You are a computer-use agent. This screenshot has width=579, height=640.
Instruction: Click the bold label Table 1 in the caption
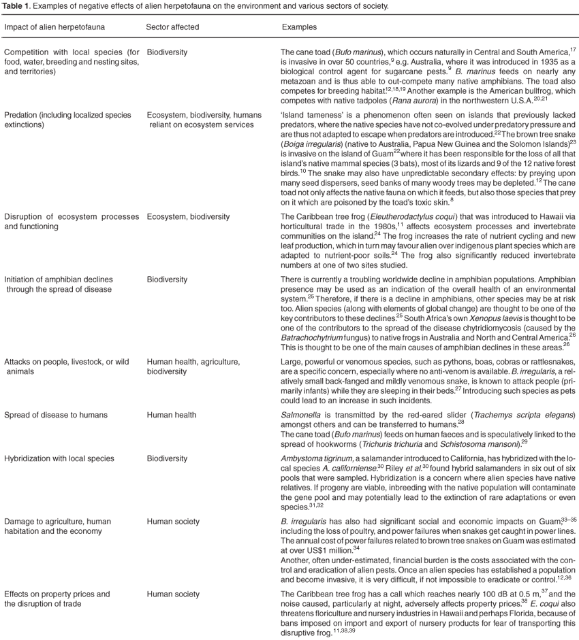(16, 5)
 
